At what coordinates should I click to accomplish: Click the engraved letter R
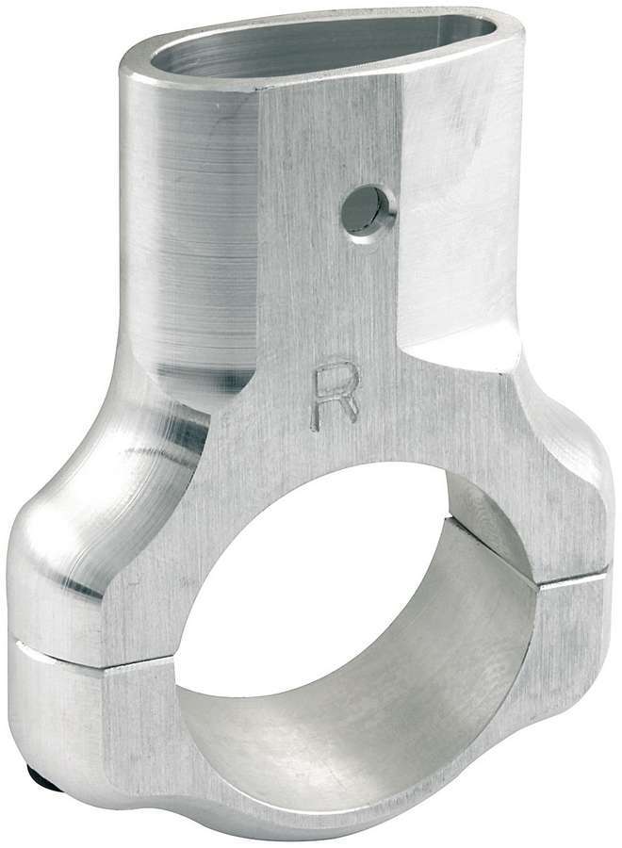point(335,397)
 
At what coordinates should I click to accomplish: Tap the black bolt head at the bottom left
point(35,777)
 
